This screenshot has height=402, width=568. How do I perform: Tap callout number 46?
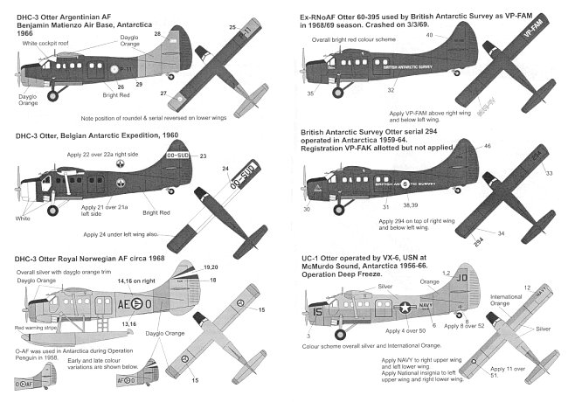coord(486,146)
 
